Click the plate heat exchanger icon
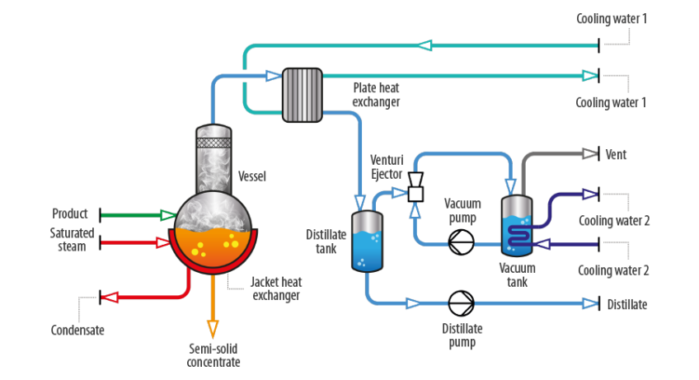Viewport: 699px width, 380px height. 303,95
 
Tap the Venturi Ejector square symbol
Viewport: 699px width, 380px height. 416,194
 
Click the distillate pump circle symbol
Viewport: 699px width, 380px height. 459,303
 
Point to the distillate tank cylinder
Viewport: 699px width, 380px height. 366,242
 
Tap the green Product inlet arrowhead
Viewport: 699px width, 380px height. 167,215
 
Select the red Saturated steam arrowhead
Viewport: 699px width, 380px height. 163,243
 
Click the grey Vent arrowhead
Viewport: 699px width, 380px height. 590,153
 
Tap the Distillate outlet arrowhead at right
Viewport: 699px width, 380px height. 590,303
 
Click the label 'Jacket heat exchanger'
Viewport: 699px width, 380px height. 274,289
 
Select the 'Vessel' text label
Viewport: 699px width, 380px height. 252,176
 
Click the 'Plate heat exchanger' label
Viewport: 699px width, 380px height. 377,94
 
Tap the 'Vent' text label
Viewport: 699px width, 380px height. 617,154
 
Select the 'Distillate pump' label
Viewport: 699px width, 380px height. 462,335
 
